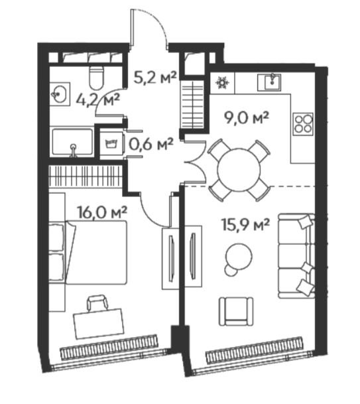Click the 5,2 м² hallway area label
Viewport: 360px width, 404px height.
155,78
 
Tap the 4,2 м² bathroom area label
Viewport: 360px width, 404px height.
98,100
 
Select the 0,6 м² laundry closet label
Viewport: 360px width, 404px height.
151,145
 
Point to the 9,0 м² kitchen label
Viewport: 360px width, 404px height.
247,118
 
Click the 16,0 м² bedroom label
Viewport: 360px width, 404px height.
101,212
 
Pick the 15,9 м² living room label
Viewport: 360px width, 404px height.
246,224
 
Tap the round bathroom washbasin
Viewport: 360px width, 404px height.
60,94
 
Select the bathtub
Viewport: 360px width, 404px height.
73,142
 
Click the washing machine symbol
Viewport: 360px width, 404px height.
111,143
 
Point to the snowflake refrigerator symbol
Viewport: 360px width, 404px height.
221,82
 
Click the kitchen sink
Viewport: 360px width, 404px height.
269,82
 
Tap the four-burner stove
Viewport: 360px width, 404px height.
304,123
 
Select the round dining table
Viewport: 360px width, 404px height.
239,170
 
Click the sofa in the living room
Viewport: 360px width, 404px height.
296,256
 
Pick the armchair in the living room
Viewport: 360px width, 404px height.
236,311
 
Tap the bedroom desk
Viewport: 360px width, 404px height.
99,323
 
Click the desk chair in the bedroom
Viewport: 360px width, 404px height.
97,304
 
